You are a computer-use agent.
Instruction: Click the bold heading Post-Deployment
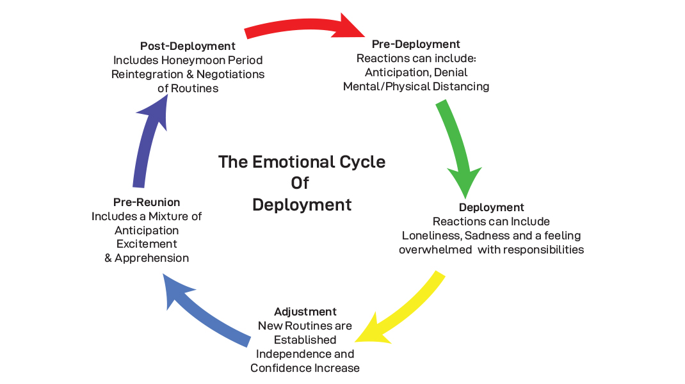(188, 46)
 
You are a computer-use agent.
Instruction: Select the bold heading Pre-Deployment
(415, 44)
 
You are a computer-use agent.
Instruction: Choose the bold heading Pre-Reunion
(147, 202)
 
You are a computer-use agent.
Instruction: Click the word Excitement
(147, 244)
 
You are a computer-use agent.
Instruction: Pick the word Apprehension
(152, 259)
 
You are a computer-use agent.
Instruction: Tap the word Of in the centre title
(300, 183)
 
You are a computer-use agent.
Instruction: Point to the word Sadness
(490, 236)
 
